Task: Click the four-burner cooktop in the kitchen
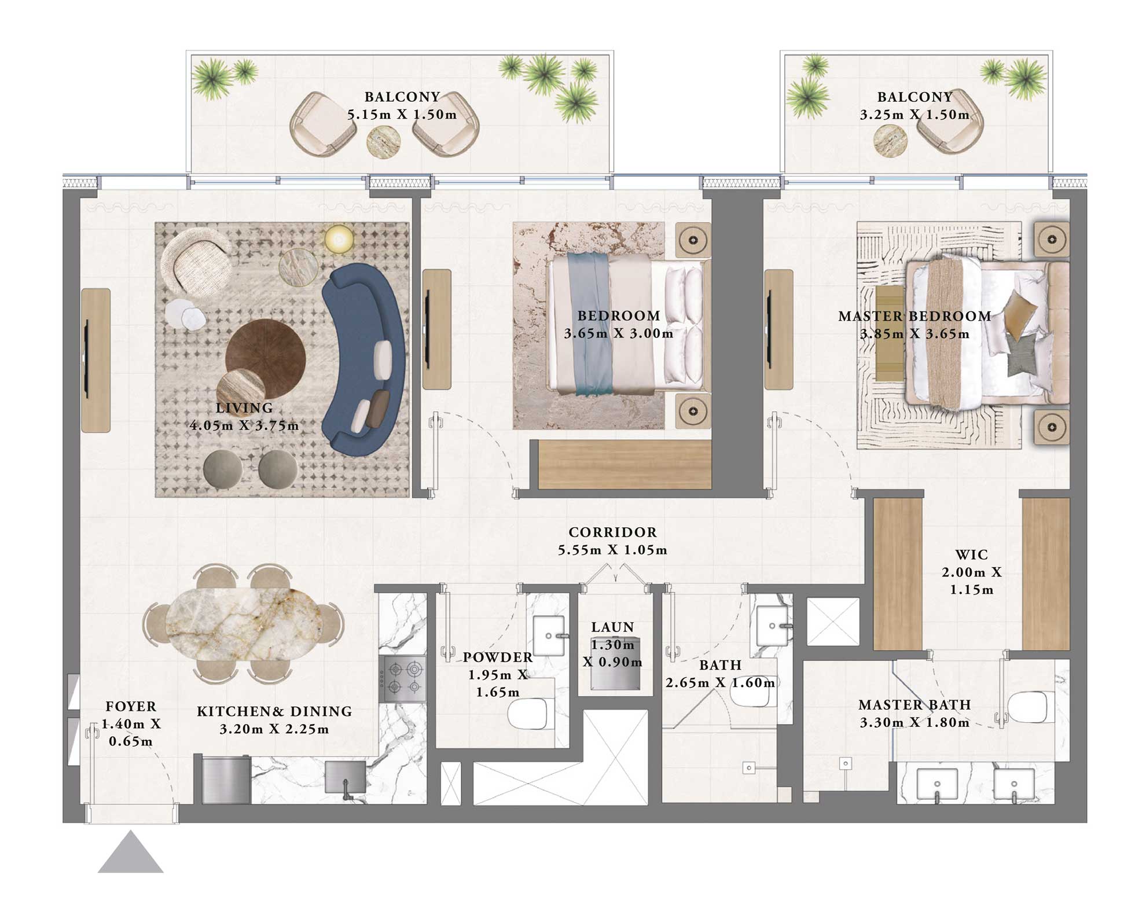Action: pyautogui.click(x=403, y=678)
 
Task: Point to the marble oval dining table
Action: pyautogui.click(x=244, y=624)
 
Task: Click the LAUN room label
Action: pyautogui.click(x=612, y=627)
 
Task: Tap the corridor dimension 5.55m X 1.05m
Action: pyautogui.click(x=612, y=550)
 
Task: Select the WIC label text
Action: pyautogui.click(x=971, y=555)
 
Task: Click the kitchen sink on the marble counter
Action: pyautogui.click(x=345, y=777)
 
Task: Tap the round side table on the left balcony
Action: pyautogui.click(x=383, y=141)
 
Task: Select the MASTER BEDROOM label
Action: pyautogui.click(x=914, y=317)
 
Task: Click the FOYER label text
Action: pyautogui.click(x=131, y=707)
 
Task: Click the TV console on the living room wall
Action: pyautogui.click(x=95, y=360)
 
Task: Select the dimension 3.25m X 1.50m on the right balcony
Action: pyautogui.click(x=914, y=115)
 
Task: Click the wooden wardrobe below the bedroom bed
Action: pyautogui.click(x=624, y=464)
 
